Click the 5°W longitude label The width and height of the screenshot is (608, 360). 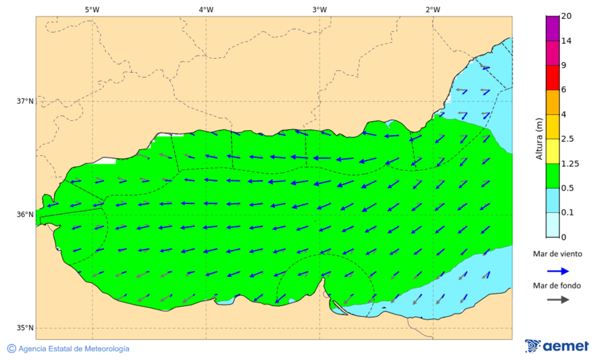coord(93,9)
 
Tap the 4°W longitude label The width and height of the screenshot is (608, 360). coord(206,9)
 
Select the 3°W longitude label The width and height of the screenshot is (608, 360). coord(320,9)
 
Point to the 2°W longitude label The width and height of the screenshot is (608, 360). coord(433,9)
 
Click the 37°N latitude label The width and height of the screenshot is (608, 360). coord(25,101)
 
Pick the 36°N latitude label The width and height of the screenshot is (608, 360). coord(25,215)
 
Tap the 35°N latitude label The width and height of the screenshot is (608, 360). coord(25,328)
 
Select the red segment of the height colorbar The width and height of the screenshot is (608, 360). coord(552,78)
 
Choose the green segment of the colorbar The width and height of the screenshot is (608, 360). coord(552,176)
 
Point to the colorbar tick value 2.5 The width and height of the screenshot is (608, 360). coord(567,139)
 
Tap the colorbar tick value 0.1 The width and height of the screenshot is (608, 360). coord(567,213)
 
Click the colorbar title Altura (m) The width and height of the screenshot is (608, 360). coord(539,138)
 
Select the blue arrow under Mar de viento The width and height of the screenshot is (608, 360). coord(557,270)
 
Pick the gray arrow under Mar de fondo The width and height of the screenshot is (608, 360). coord(557,300)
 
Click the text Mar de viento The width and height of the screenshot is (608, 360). coord(557,254)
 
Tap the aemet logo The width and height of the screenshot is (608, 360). coord(557,346)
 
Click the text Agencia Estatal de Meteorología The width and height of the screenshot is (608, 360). coord(74,349)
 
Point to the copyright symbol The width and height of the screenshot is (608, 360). coord(11,349)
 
